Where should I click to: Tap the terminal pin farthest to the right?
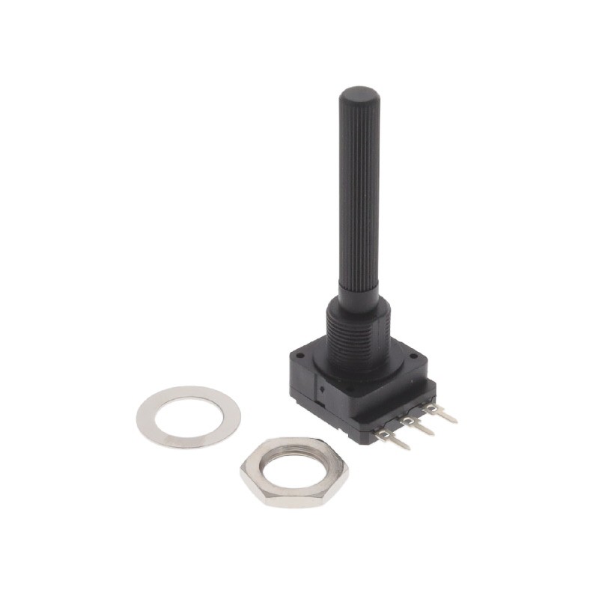pos(441,412)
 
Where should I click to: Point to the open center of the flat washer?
pos(189,416)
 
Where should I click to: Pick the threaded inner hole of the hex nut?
pos(294,469)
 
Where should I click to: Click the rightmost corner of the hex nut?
pos(348,473)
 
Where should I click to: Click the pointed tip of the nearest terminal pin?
pos(408,449)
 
